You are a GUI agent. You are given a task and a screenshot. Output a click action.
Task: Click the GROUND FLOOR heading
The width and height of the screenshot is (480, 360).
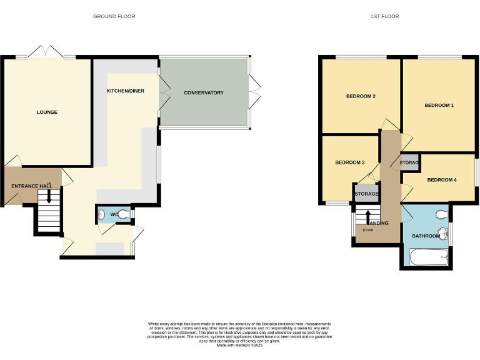(114, 16)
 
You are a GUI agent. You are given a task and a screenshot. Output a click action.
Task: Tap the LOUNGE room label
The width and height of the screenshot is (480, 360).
(47, 112)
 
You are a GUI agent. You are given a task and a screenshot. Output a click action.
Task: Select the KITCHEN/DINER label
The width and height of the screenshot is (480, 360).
(125, 91)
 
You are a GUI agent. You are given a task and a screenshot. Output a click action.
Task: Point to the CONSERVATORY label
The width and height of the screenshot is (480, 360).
(204, 93)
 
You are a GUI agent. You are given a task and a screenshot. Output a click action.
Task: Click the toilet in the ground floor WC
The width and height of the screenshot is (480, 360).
(126, 215)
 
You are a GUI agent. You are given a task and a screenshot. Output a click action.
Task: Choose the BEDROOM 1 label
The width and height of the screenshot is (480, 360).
(439, 106)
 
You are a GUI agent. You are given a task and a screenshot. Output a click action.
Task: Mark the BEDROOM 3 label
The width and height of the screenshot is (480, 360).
(349, 162)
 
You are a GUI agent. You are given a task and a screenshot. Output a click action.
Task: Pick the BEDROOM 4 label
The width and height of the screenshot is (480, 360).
(442, 180)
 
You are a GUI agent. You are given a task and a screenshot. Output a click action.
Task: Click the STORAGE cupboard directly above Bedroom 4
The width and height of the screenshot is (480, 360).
(409, 163)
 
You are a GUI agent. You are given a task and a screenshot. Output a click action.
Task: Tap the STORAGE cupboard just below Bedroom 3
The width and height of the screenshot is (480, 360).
(366, 194)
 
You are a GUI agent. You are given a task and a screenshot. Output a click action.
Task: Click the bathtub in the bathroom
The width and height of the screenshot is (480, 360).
(427, 256)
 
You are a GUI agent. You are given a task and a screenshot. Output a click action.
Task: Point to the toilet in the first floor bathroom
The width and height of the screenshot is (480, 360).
(441, 215)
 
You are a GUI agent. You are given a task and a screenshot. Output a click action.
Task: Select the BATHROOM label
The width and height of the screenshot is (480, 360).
(425, 237)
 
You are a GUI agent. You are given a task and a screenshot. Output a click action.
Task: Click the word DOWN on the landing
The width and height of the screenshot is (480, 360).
(368, 231)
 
